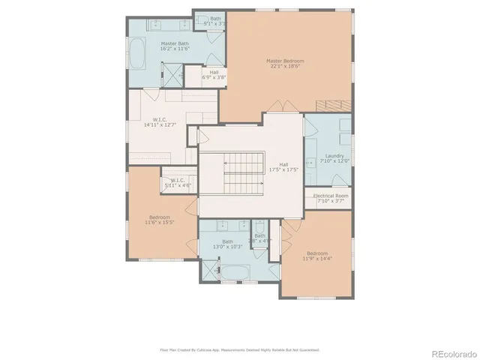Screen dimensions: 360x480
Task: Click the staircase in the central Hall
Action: [x=241, y=172]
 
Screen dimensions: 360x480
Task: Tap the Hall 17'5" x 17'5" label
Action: [x=283, y=167]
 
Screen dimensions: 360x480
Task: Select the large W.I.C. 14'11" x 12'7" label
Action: [x=160, y=122]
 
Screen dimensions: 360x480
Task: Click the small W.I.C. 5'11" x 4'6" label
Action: [x=178, y=183]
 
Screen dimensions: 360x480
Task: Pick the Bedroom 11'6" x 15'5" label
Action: [x=158, y=220]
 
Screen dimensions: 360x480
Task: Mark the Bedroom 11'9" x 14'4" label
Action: [x=316, y=256]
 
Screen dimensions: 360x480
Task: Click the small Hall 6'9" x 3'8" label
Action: [x=214, y=75]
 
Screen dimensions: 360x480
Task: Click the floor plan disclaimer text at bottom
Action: [x=240, y=349]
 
